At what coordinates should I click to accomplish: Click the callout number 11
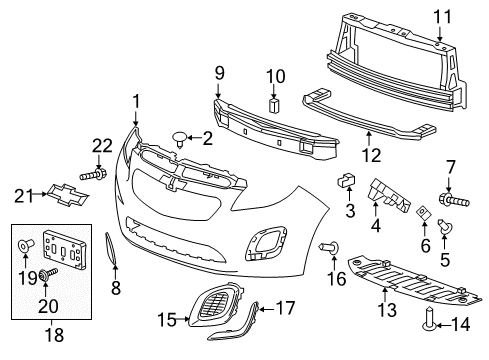(x=442, y=17)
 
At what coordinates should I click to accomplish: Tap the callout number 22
(x=101, y=147)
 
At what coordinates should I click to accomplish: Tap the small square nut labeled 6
(x=423, y=211)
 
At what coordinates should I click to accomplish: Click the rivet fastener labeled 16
(x=325, y=246)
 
